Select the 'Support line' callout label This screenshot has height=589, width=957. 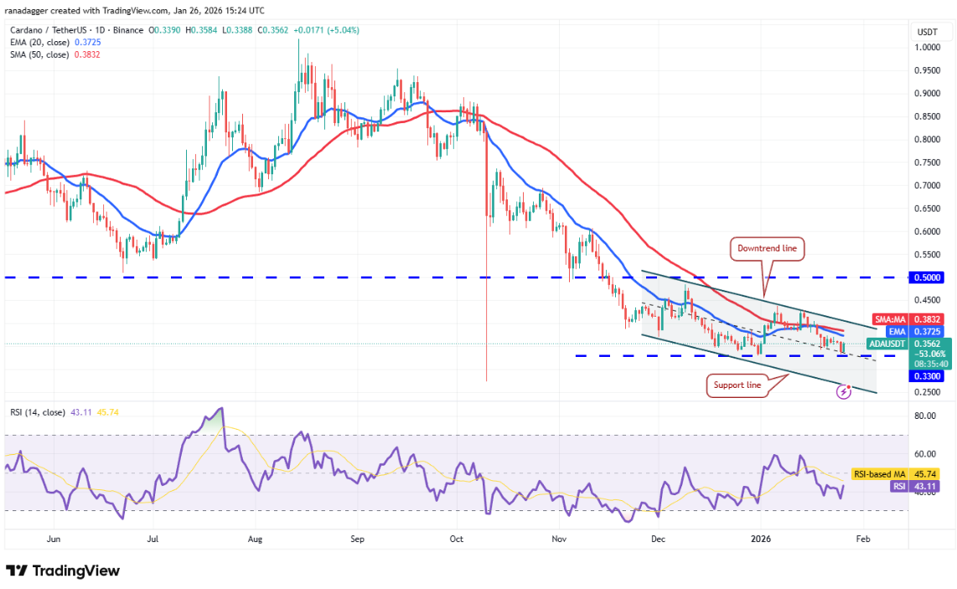tap(737, 385)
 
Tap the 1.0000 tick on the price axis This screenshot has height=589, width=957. tap(926, 48)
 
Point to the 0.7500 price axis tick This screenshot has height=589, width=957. tap(926, 163)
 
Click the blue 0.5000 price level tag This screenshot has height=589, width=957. tap(928, 277)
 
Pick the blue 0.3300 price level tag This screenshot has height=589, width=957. tap(928, 377)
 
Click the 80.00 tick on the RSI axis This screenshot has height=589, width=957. tap(924, 416)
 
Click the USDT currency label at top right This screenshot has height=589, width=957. tap(927, 31)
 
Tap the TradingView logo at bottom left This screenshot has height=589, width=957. tap(63, 571)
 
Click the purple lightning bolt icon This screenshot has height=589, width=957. tap(844, 392)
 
